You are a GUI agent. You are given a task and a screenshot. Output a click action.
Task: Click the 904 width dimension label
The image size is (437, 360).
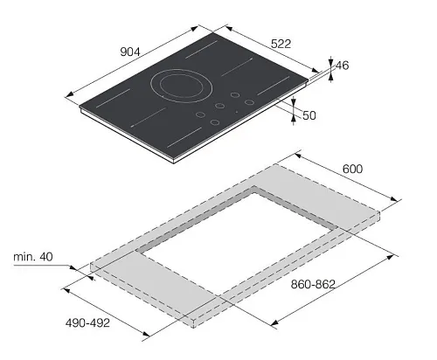(130, 52)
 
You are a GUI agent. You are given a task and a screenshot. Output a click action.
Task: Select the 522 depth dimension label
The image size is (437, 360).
(281, 44)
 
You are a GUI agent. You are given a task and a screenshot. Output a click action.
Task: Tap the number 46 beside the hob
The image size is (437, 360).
(342, 66)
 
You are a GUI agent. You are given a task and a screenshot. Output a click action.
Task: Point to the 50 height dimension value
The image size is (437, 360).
(309, 115)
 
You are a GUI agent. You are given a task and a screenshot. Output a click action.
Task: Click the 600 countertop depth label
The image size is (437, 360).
(352, 169)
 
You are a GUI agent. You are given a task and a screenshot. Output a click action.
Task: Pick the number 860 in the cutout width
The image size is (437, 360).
(301, 284)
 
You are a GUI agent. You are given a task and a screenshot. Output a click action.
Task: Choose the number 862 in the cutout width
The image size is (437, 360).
(325, 284)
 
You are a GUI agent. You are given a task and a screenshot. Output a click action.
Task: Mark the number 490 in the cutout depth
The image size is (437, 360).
(75, 323)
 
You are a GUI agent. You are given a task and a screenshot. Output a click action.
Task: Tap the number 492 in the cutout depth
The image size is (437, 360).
(100, 323)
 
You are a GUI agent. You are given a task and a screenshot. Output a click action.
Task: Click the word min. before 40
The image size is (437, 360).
(24, 257)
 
